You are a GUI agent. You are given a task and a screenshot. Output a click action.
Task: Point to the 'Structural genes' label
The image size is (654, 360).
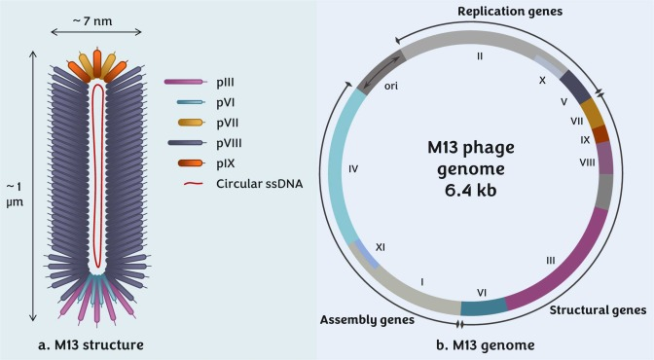[x=598, y=310]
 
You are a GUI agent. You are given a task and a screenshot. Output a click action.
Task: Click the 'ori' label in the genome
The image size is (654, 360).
[x=390, y=87]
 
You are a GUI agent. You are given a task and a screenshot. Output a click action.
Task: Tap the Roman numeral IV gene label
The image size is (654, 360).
[x=352, y=168]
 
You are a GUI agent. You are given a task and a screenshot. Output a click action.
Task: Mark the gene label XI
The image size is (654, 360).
[x=381, y=248]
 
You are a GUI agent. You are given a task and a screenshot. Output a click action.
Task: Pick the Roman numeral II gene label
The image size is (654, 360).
[x=479, y=56]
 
